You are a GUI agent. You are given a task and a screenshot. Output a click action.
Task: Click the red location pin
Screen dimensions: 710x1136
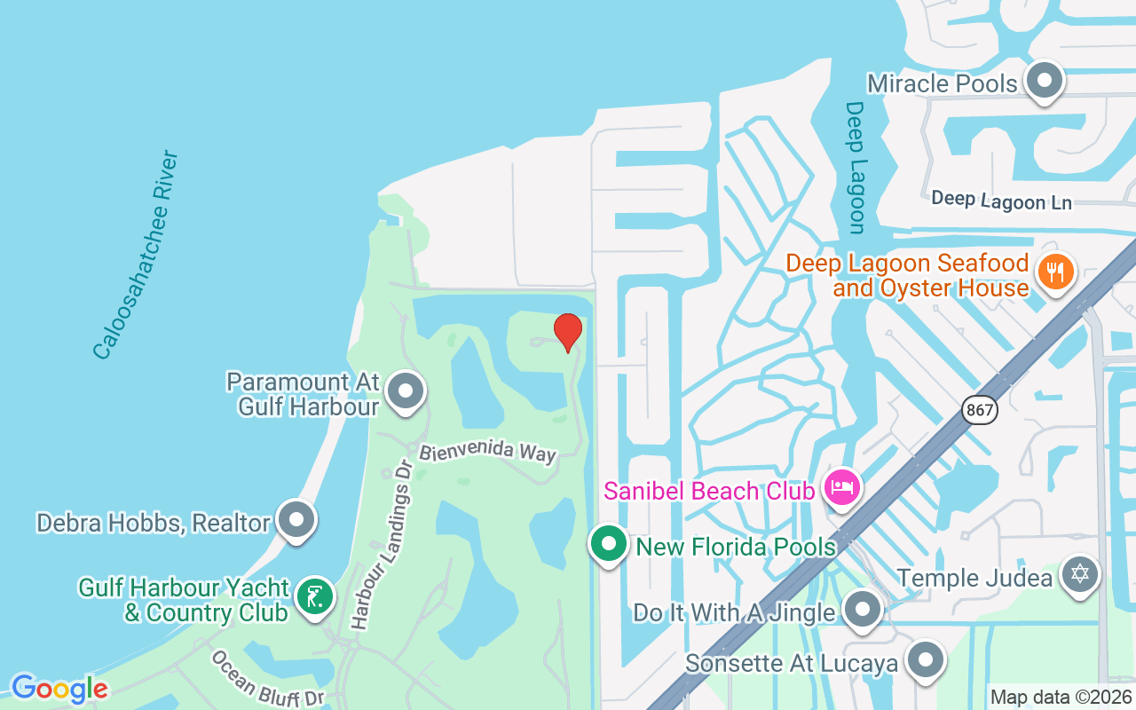568,332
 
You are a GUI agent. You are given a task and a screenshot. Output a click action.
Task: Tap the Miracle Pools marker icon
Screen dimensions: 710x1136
1045,81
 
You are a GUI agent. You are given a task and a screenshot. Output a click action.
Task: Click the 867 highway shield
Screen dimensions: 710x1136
979,410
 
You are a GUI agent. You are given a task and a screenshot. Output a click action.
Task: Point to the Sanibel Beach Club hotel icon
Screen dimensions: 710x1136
841,487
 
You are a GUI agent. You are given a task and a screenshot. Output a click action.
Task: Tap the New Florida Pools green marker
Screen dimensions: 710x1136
609,544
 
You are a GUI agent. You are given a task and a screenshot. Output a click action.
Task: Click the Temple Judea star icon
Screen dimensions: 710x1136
1079,574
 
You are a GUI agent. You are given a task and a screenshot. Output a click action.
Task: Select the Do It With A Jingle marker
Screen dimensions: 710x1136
861,610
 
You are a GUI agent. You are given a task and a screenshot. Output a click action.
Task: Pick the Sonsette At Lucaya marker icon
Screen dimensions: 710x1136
926,660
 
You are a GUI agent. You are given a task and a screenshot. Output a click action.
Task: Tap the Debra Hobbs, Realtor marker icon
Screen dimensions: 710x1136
296,520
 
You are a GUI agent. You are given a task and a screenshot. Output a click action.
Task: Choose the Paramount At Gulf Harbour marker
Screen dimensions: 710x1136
406,390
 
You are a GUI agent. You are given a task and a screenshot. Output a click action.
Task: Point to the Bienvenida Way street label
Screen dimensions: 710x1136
487,452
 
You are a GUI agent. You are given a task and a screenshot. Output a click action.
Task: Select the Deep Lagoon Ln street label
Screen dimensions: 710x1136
1001,201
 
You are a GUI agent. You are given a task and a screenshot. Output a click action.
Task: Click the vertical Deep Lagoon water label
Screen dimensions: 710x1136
855,167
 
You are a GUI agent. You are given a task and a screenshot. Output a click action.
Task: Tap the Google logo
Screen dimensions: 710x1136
59,689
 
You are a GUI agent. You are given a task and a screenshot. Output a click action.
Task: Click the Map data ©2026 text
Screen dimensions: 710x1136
1061,698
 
